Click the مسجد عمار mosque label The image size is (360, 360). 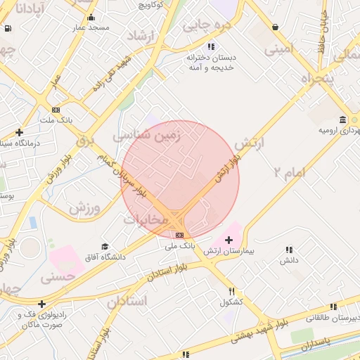[89, 27]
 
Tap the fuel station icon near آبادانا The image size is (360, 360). [8, 29]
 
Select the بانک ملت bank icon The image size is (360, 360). [56, 110]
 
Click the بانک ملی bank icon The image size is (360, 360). [180, 235]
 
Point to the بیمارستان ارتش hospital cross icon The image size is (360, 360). [229, 240]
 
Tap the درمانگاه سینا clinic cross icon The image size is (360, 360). [19, 132]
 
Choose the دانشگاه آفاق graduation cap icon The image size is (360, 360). [105, 247]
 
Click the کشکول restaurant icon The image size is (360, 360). [231, 291]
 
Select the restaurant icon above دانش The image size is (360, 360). [289, 250]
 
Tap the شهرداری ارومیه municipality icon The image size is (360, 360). [342, 119]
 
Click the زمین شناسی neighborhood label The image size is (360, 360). [147, 134]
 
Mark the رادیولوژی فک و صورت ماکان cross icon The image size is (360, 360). [43, 304]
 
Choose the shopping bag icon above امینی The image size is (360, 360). [274, 27]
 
